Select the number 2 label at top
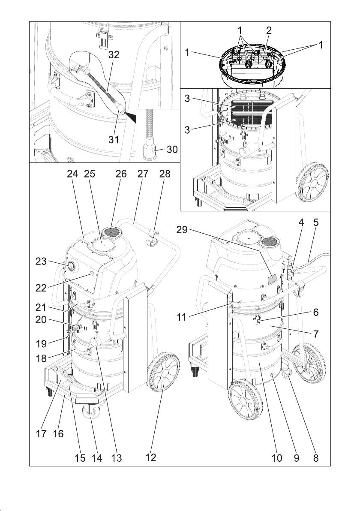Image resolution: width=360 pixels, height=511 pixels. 269,30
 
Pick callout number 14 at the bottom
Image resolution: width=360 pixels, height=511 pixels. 97,458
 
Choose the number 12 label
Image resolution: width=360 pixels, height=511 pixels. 150,458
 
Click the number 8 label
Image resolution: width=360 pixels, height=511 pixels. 316,458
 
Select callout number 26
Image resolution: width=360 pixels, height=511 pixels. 121,174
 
